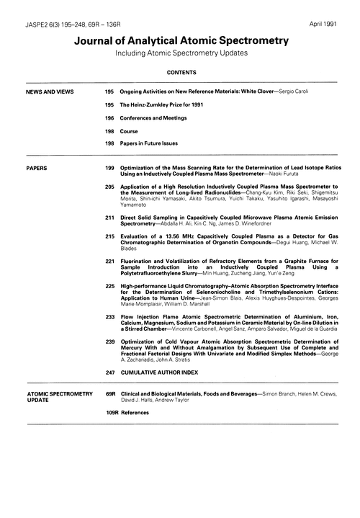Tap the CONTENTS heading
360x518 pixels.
pos(179,73)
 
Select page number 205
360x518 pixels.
pos(109,186)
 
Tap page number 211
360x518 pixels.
pos(109,217)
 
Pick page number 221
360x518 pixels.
pos(109,260)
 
